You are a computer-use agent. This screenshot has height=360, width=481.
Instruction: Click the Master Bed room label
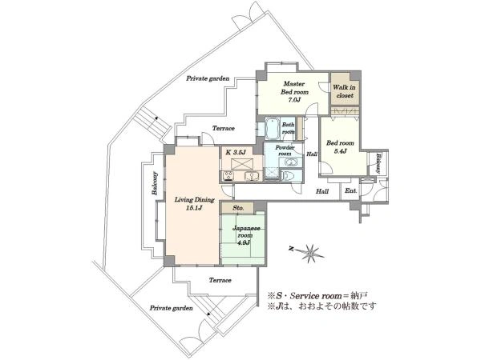point(294,91)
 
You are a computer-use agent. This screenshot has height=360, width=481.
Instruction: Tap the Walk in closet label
point(345,91)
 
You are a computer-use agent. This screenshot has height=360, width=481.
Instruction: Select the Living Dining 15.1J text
point(194,204)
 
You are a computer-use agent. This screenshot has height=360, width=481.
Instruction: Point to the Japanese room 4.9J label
point(246,236)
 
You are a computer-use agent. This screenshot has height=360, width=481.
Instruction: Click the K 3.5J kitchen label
point(236,152)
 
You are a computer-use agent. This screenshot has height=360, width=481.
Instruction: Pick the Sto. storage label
point(238,208)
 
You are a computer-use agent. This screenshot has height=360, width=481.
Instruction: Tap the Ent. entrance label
point(351,190)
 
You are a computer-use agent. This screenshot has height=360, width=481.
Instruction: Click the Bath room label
point(288,128)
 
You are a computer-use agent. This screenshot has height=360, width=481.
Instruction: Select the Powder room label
point(285,150)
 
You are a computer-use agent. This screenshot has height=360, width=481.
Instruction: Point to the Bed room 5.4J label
point(340,146)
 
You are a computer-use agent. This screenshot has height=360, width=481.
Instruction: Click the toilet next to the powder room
point(289,176)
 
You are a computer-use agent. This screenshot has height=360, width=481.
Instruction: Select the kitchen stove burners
point(228,176)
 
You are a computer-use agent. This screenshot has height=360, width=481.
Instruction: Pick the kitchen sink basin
point(252,176)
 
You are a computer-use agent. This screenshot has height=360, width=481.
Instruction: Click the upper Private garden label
point(208,78)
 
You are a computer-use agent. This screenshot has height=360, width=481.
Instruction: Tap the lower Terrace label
point(220,280)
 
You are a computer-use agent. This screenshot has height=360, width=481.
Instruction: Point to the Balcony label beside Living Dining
point(155,183)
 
